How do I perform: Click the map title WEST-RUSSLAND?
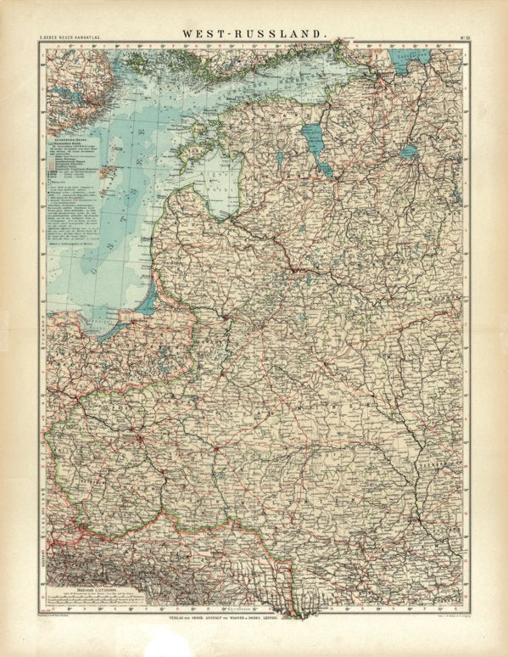click(x=254, y=33)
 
